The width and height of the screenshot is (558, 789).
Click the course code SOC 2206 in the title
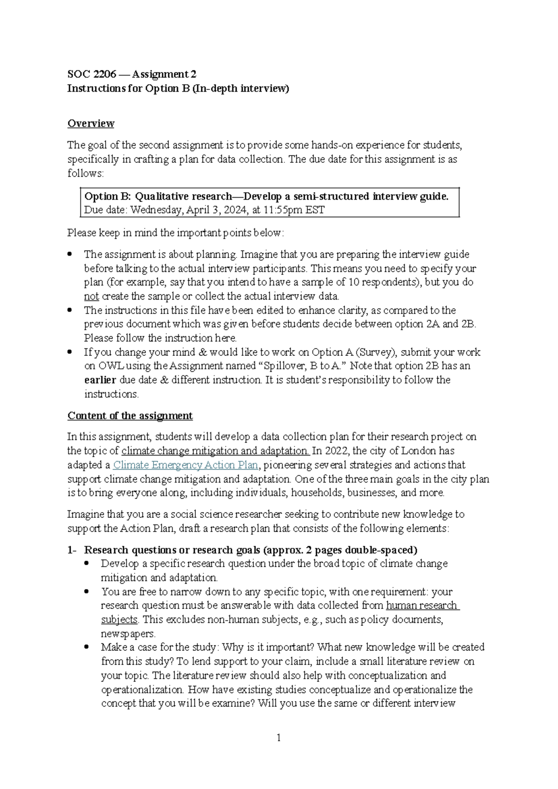point(92,74)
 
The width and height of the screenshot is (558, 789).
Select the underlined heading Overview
point(91,123)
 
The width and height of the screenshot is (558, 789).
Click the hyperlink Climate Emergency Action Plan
point(186,465)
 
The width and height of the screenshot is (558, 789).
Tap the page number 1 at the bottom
point(279,738)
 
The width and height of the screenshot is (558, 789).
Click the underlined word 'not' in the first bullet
point(91,296)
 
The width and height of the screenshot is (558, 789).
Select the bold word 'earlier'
point(100,380)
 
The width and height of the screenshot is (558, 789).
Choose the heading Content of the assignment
point(130,415)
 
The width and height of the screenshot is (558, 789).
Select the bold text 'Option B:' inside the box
point(108,196)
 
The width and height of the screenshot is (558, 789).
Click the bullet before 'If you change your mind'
point(70,352)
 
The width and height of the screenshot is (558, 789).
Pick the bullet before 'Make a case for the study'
point(86,647)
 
